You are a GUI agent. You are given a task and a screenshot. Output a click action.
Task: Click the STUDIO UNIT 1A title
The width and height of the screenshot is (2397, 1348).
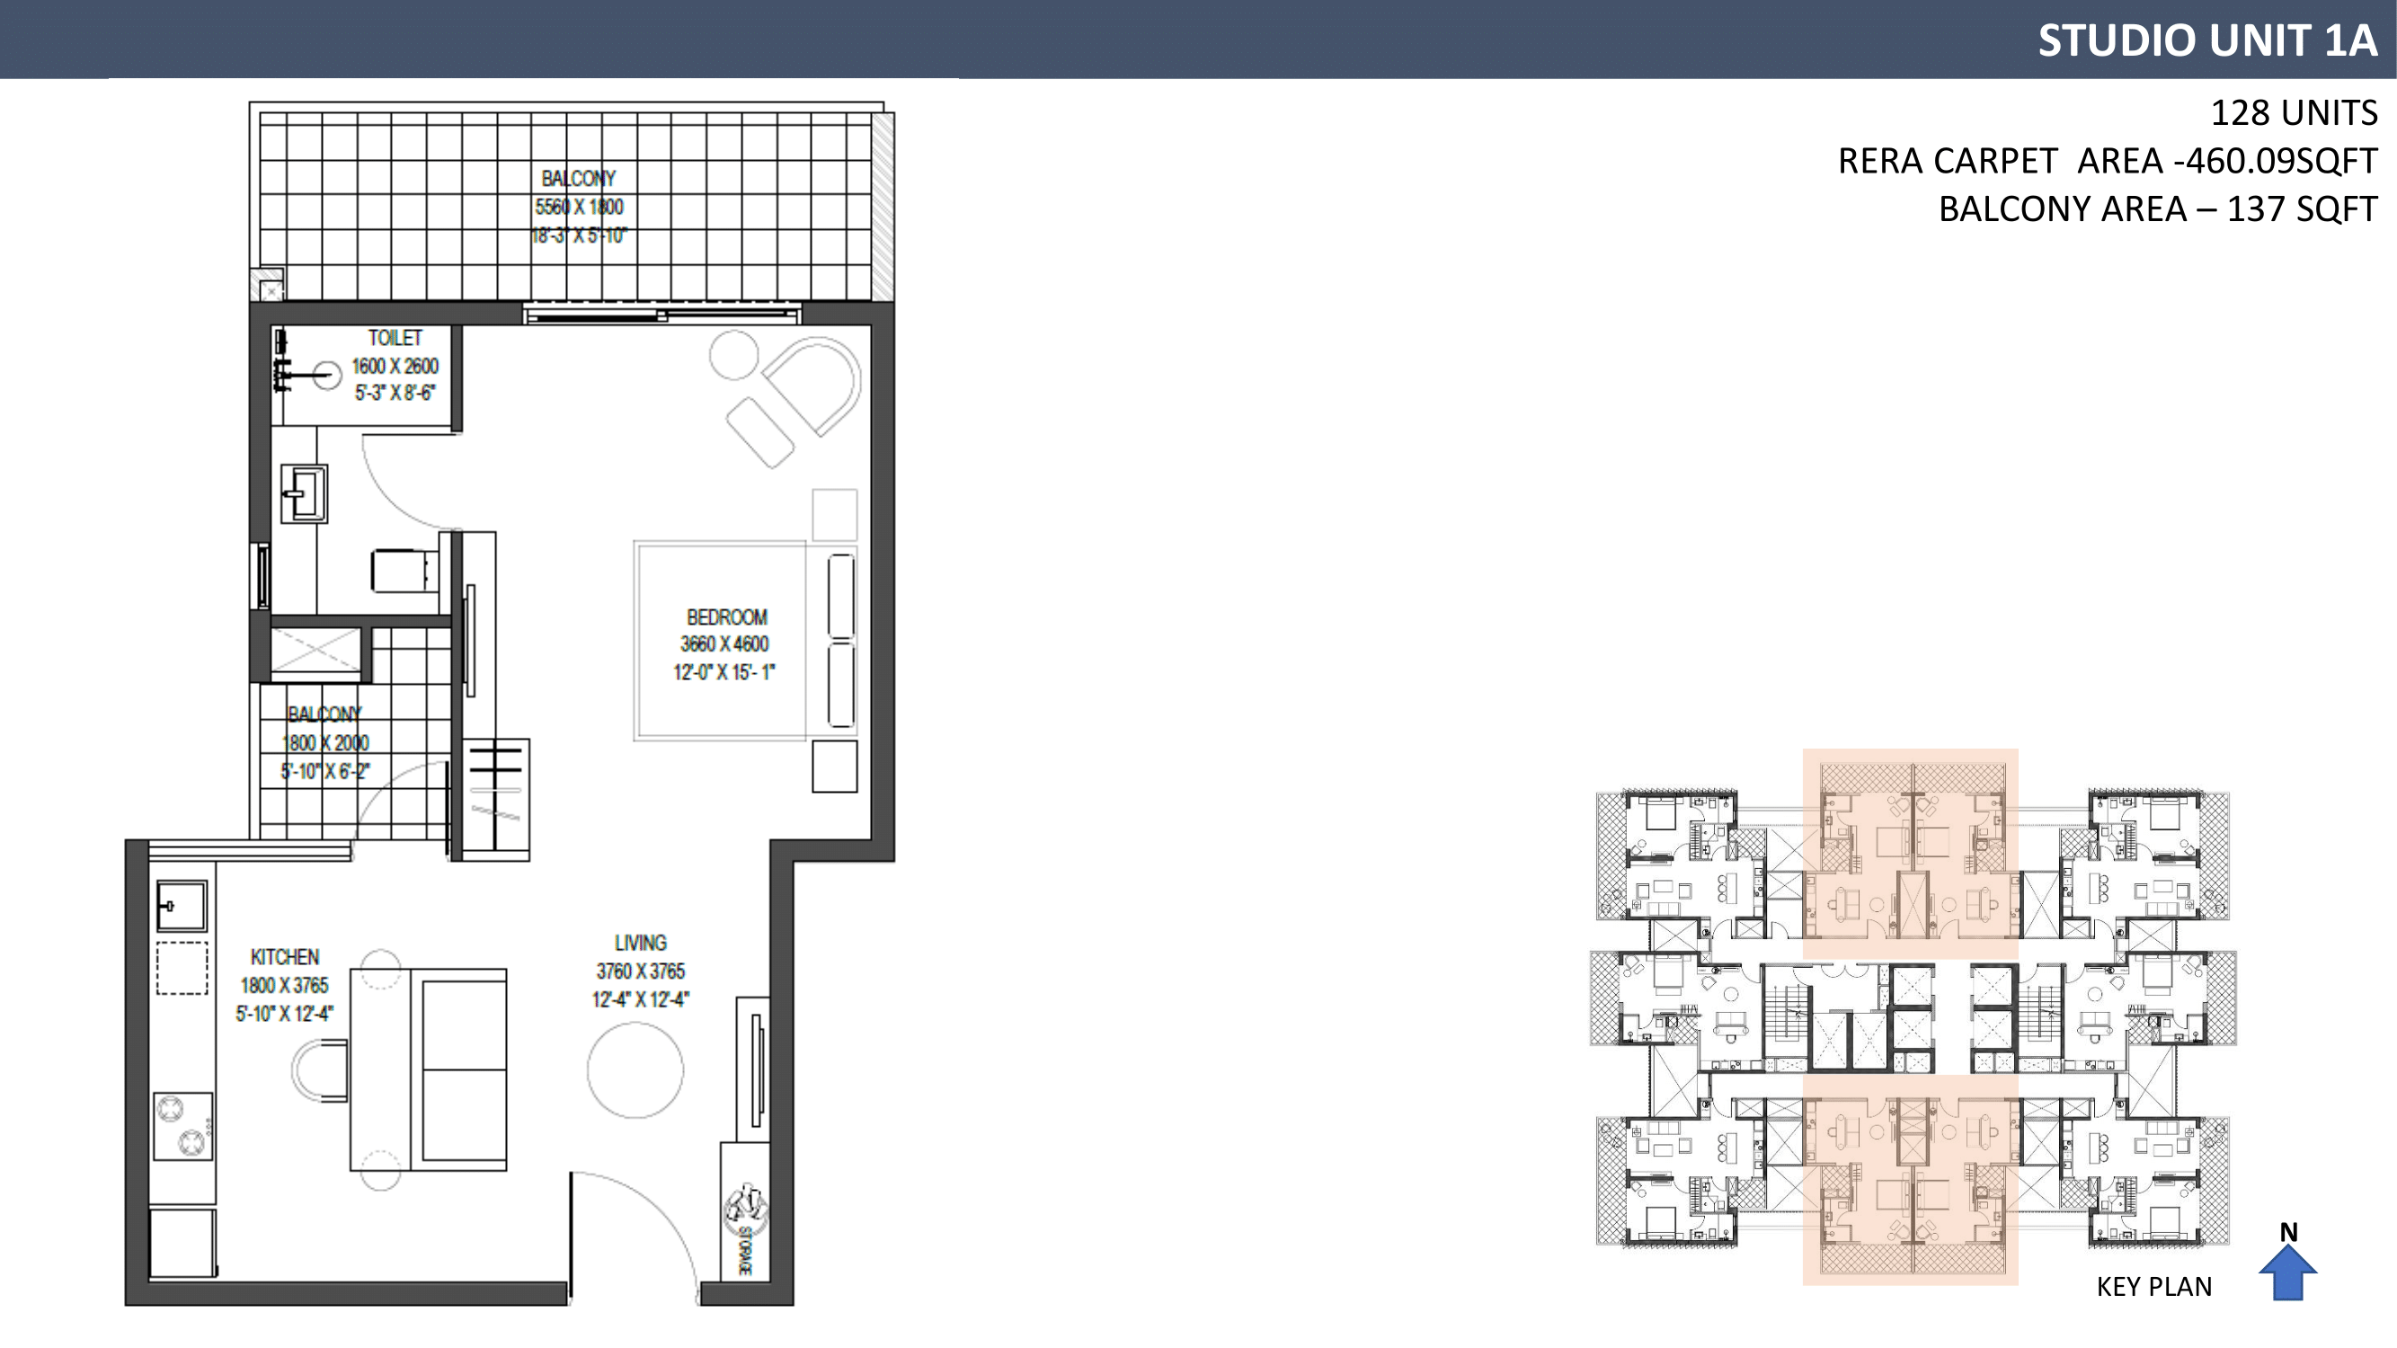click(x=2207, y=40)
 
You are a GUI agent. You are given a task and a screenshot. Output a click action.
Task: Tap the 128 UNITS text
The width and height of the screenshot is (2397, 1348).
click(x=2294, y=112)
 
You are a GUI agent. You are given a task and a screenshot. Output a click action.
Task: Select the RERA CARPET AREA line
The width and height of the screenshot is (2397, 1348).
click(x=2108, y=161)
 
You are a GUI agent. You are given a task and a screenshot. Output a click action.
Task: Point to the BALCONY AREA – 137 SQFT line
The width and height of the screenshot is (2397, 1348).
click(x=2158, y=209)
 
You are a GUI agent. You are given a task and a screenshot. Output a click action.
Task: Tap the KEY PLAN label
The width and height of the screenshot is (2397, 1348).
click(x=2154, y=1287)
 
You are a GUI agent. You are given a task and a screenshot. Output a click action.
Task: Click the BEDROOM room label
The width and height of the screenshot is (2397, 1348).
click(x=727, y=617)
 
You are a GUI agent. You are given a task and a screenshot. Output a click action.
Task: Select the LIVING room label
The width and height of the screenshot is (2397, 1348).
click(x=640, y=944)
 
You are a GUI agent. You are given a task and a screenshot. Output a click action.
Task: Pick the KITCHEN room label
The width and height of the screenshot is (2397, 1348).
click(x=285, y=957)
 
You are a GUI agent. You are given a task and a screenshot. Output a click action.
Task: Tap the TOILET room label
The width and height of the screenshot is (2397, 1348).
click(x=395, y=339)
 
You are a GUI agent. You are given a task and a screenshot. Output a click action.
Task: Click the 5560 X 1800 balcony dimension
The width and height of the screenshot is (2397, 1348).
click(x=579, y=207)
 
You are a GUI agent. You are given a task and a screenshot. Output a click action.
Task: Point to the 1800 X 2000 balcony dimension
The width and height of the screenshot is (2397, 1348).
click(x=325, y=743)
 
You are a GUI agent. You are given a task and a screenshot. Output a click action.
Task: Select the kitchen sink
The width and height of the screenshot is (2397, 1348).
click(x=182, y=906)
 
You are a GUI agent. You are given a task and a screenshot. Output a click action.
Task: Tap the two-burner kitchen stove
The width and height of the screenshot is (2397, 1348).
click(x=182, y=1127)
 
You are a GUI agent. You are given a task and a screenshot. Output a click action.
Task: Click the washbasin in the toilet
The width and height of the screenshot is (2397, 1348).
click(x=305, y=493)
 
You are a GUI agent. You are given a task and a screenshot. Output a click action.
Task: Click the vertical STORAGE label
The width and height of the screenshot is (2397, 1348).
click(x=744, y=1250)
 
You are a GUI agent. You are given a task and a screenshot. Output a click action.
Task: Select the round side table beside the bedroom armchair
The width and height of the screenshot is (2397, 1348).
click(x=734, y=355)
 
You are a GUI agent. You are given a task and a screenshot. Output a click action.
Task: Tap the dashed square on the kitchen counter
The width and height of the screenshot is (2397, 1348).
click(x=182, y=969)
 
